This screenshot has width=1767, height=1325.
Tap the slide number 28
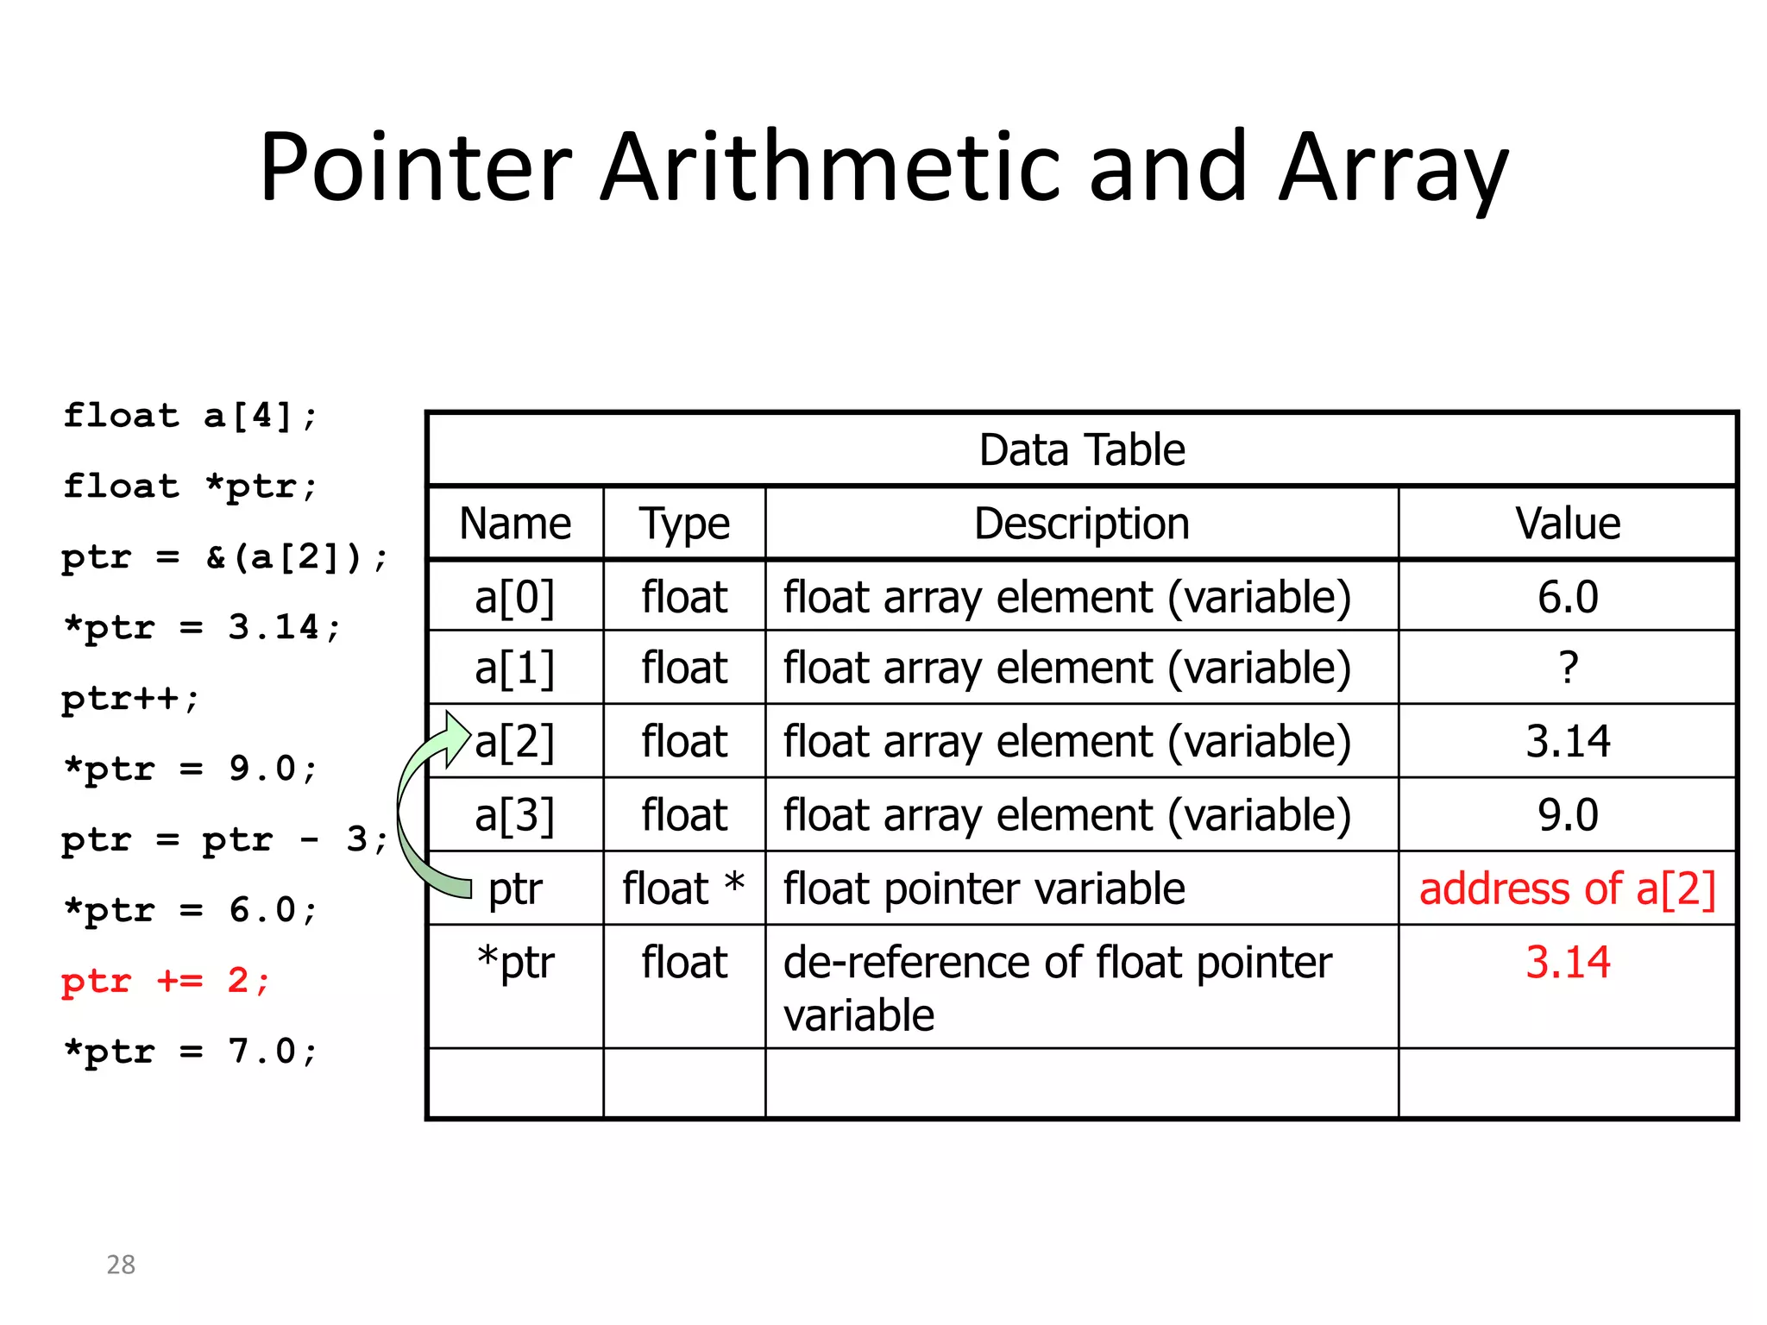pos(121,1265)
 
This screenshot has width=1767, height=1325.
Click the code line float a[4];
pos(191,416)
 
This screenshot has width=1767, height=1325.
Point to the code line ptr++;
pos(130,698)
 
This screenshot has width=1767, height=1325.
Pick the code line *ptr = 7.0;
pos(191,1052)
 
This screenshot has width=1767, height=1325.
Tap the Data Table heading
pos(1082,450)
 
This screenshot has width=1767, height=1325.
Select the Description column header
pos(1082,524)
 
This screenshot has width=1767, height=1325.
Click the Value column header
pos(1568,524)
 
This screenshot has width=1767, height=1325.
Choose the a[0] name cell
pos(515,597)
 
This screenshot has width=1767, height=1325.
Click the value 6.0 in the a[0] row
pos(1568,597)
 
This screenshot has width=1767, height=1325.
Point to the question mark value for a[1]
pos(1569,669)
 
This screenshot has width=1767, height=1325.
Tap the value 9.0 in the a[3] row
pos(1568,815)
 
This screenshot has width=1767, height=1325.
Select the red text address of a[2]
pos(1568,889)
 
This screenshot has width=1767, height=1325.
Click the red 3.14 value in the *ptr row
pos(1568,962)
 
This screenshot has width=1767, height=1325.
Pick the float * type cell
pos(684,889)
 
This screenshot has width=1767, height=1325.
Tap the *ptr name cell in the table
pos(515,962)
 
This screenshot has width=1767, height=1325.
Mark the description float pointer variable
pos(984,889)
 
